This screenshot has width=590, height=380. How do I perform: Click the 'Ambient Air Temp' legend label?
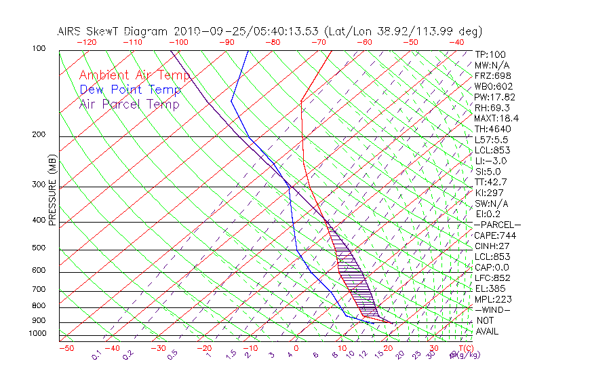pos(134,75)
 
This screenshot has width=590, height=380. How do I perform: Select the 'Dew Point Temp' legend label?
pos(130,90)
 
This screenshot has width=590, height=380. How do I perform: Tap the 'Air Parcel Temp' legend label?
pos(130,104)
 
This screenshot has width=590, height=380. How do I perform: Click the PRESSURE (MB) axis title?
pos(52,191)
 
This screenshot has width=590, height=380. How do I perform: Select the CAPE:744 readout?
pos(495,235)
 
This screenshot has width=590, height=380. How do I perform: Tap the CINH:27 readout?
pos(492,246)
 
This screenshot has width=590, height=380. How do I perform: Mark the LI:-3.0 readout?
pos(490,161)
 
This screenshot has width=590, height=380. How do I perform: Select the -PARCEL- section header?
pos(497,225)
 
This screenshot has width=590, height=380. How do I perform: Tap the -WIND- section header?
pos(492,309)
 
